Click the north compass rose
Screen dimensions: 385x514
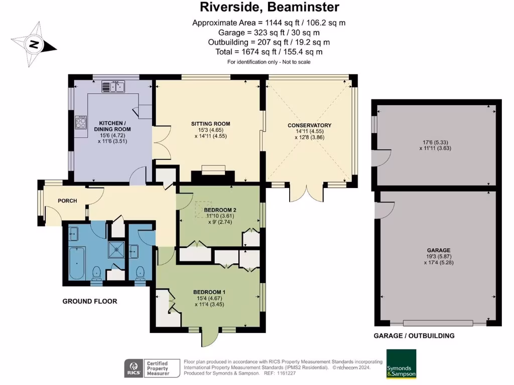tap(34, 45)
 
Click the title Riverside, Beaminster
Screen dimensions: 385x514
tap(269, 7)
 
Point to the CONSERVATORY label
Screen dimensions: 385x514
tap(310, 125)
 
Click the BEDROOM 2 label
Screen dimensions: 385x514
tap(220, 210)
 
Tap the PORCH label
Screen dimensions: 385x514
tap(67, 201)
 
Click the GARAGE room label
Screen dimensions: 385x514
tap(439, 250)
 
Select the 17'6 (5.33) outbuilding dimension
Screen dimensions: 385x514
tap(439, 141)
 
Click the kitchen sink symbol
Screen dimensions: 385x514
tap(113, 87)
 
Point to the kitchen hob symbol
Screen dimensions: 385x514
tap(80, 122)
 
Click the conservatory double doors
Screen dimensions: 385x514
tap(306, 192)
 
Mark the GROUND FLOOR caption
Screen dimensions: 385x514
tap(89, 301)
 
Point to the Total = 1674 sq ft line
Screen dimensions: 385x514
tap(269, 52)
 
